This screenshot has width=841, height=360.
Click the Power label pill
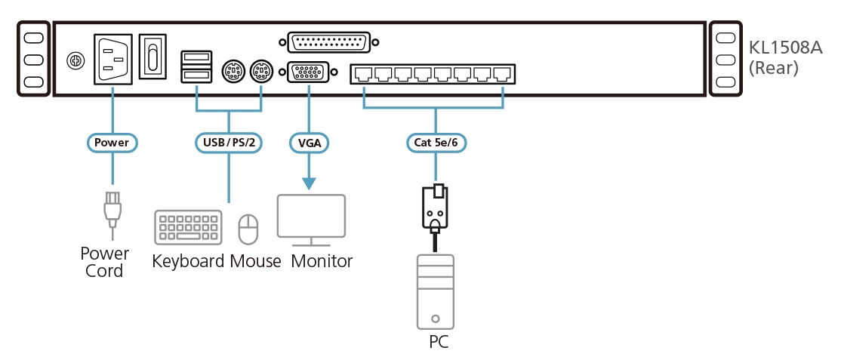(112, 141)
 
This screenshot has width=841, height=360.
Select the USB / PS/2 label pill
(229, 141)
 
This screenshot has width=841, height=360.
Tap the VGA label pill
(309, 141)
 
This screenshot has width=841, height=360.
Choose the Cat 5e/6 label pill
(436, 141)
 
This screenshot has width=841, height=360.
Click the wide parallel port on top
(328, 43)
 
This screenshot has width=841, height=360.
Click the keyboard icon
(188, 227)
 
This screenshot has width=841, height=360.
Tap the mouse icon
(248, 229)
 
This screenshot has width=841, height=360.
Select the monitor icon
(311, 220)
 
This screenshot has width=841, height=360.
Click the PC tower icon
(436, 291)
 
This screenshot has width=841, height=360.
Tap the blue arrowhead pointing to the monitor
(309, 183)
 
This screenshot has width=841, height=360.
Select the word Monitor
(322, 262)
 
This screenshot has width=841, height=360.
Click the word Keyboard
(188, 262)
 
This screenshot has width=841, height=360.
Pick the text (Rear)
(773, 68)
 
